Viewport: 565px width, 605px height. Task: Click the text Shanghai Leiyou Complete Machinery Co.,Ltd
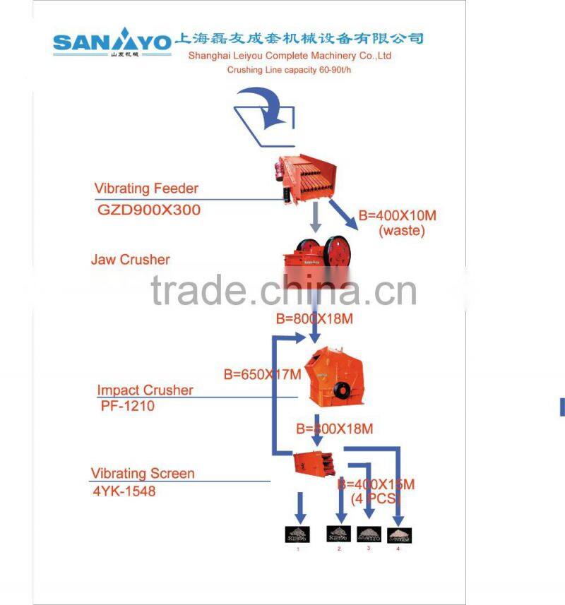point(290,56)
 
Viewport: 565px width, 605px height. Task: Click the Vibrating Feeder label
point(146,188)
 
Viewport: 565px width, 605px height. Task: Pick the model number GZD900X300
point(148,210)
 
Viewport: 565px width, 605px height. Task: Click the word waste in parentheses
point(401,231)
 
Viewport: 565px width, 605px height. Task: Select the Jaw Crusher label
point(130,260)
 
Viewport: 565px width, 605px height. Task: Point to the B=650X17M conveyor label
point(262,373)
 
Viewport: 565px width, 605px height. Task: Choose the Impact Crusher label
point(145,390)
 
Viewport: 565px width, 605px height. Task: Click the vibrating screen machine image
point(312,463)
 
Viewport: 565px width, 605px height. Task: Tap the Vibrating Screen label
point(142,473)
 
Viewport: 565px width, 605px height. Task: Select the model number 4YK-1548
point(123,491)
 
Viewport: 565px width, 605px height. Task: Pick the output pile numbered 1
point(297,534)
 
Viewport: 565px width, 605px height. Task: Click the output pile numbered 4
point(399,534)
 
